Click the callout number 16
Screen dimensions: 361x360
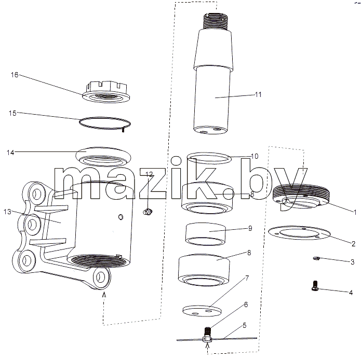[x=15, y=75]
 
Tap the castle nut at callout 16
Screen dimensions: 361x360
[x=106, y=92]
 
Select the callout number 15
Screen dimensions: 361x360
[x=12, y=113]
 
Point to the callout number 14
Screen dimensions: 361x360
[x=10, y=153]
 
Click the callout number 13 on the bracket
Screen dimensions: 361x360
[x=7, y=212]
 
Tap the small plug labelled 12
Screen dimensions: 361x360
[x=148, y=212]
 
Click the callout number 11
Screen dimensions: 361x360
[x=258, y=94]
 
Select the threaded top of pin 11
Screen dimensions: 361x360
[x=216, y=21]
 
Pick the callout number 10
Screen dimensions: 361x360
[x=255, y=156]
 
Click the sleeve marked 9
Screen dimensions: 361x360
[x=205, y=234]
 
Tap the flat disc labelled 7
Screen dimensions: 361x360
[x=202, y=311]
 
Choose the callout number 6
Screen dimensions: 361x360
[x=246, y=304]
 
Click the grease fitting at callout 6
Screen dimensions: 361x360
[x=208, y=331]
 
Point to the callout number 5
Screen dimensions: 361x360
[x=244, y=326]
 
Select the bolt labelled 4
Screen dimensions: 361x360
[x=315, y=286]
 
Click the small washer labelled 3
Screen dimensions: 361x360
[x=316, y=259]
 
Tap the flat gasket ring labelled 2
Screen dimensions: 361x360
[x=299, y=232]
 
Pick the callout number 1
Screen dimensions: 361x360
[x=355, y=212]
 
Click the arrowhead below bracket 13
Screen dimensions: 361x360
[x=104, y=294]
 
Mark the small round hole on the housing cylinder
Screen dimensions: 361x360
[x=121, y=216]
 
